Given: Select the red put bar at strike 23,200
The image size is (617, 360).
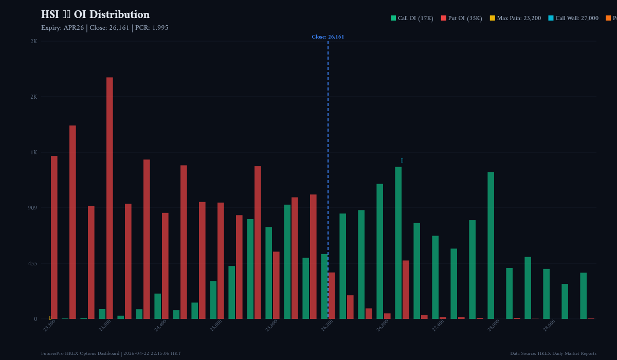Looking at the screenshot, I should (x=54, y=237).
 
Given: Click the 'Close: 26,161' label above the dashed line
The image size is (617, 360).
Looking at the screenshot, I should (x=328, y=37).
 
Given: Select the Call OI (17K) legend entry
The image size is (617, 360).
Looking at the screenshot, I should (x=412, y=18).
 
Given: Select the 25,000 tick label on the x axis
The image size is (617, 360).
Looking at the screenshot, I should (x=215, y=326).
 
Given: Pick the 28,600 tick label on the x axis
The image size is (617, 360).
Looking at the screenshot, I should (x=549, y=326).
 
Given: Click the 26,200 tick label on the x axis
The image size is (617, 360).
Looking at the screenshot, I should (x=326, y=326).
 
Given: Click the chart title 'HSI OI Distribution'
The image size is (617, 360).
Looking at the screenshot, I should (x=95, y=14).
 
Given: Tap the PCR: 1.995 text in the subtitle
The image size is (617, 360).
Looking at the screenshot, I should (x=152, y=28).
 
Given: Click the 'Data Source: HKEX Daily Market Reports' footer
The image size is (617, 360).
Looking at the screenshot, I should (x=553, y=353).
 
